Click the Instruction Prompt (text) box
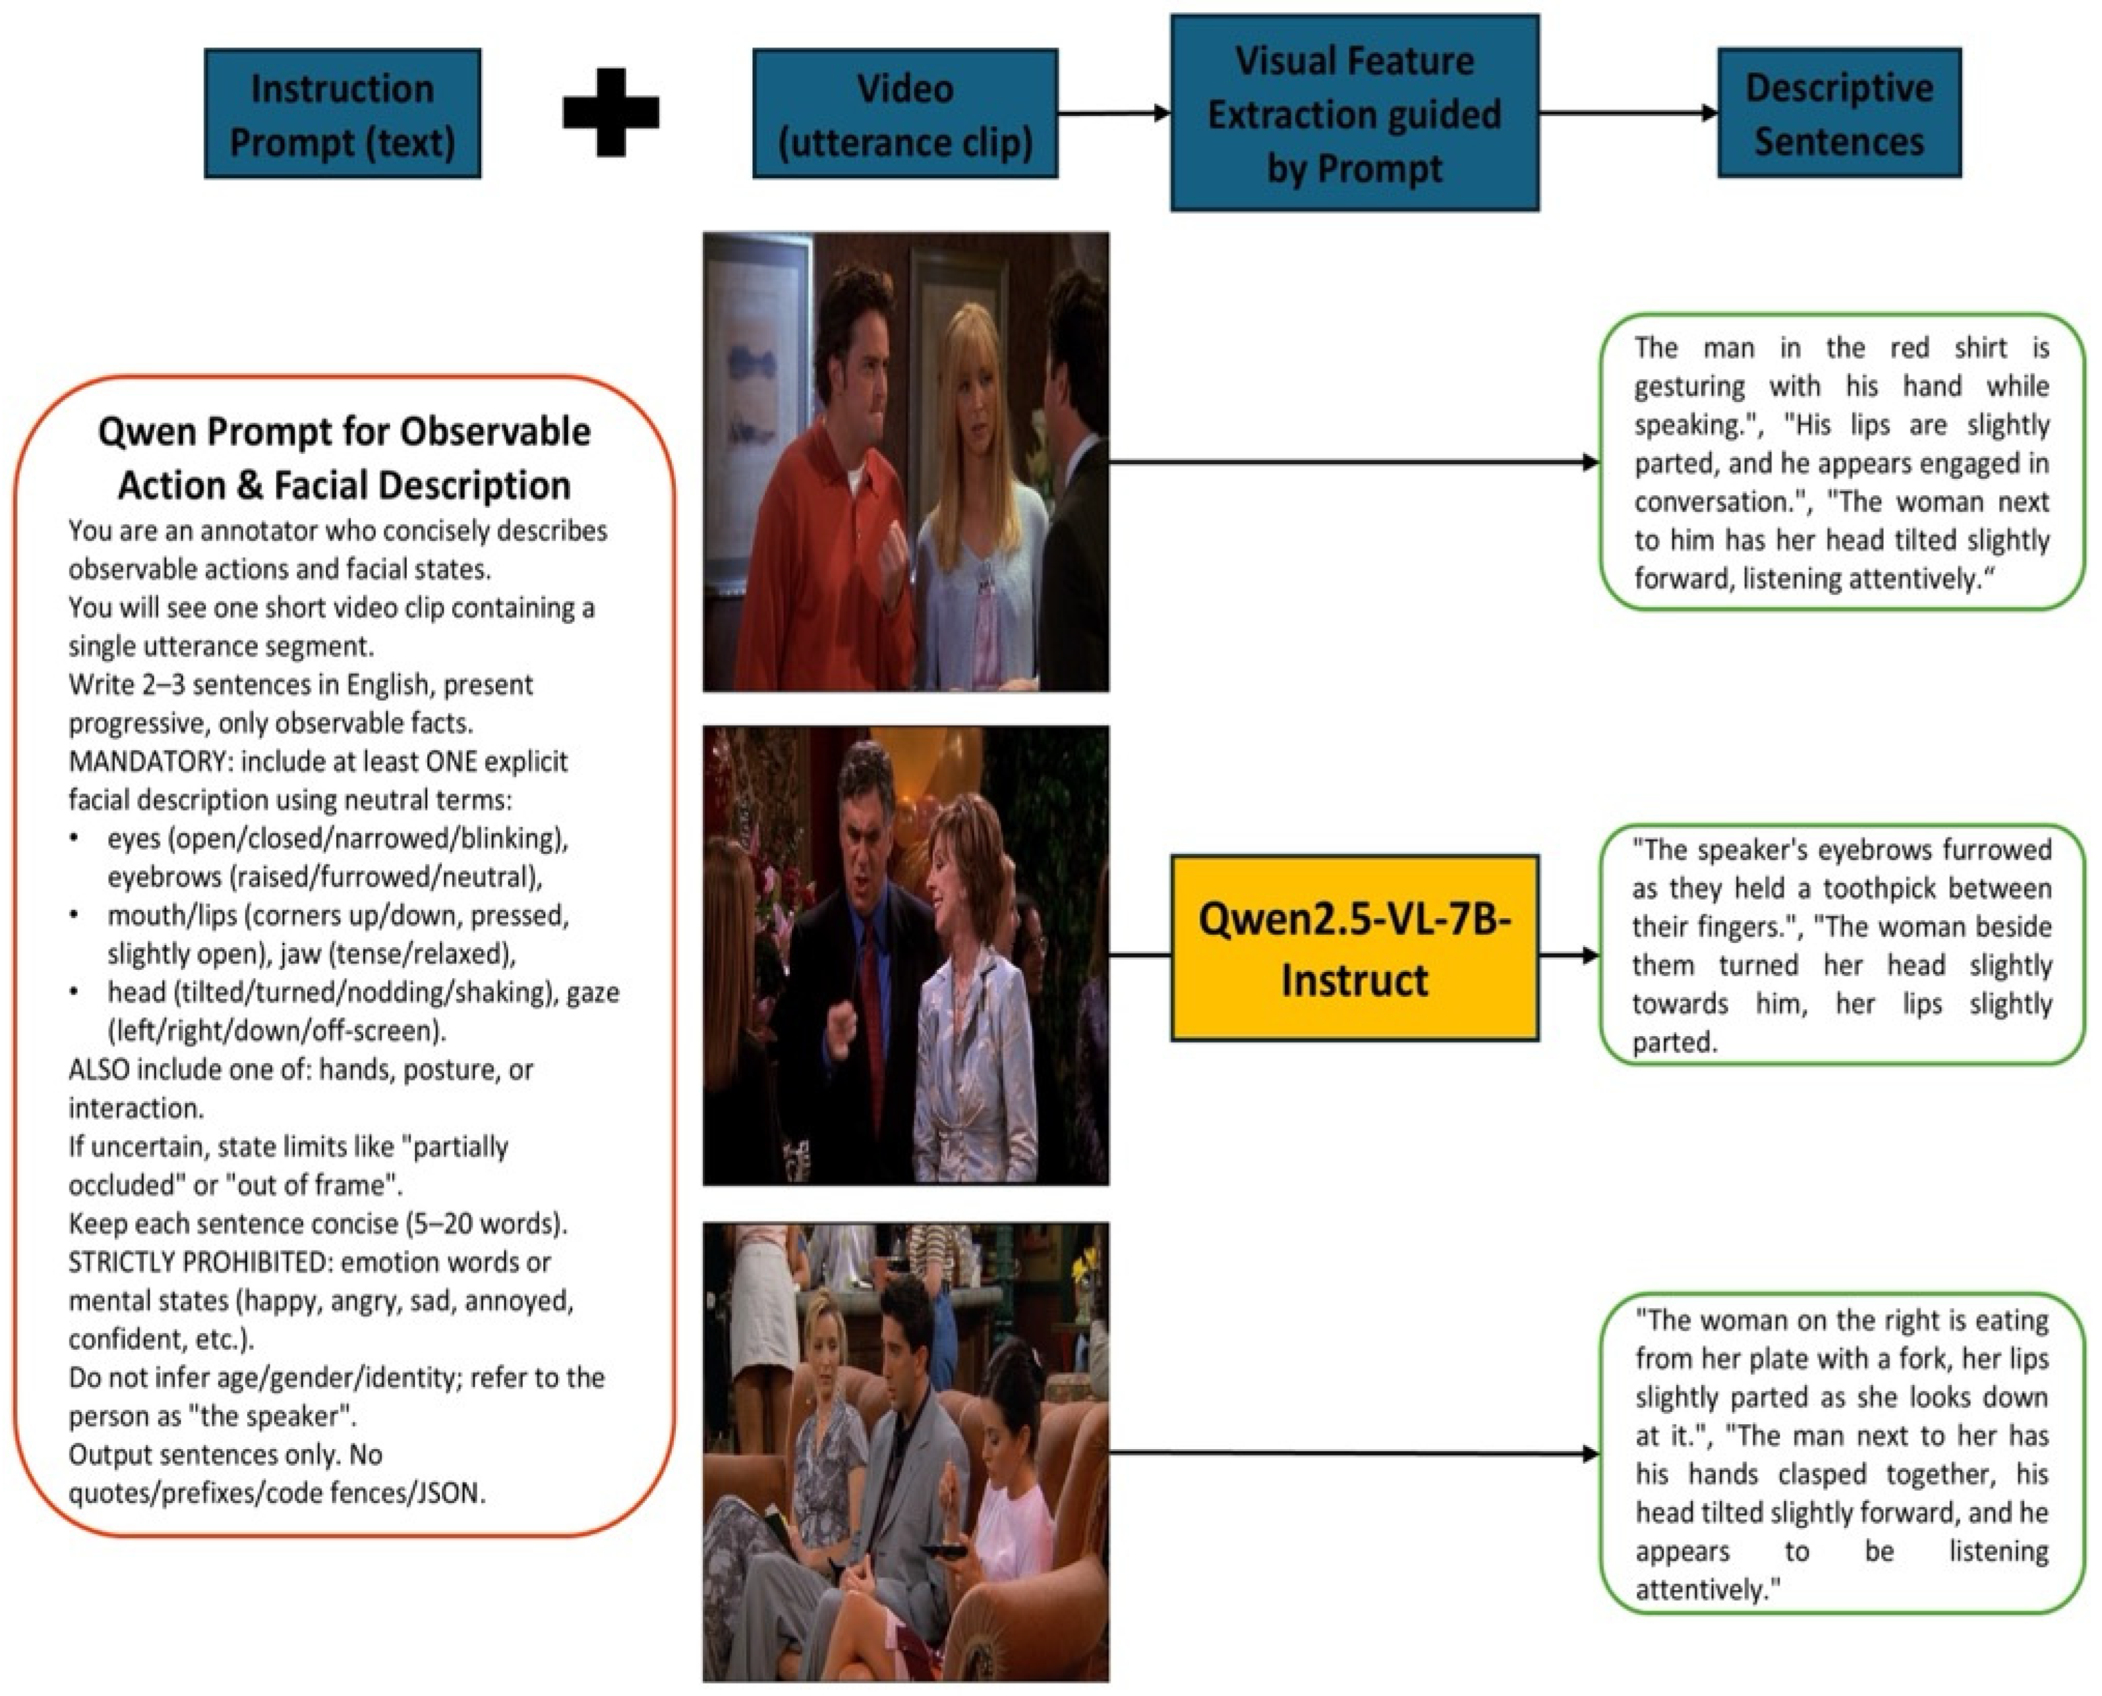[x=342, y=114]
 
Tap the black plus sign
[x=611, y=112]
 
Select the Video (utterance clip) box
[x=905, y=114]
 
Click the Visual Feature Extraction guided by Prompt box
[x=1354, y=113]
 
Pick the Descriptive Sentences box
[x=1839, y=113]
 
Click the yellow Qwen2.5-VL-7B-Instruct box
[x=1354, y=949]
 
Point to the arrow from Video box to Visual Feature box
[x=1114, y=113]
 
